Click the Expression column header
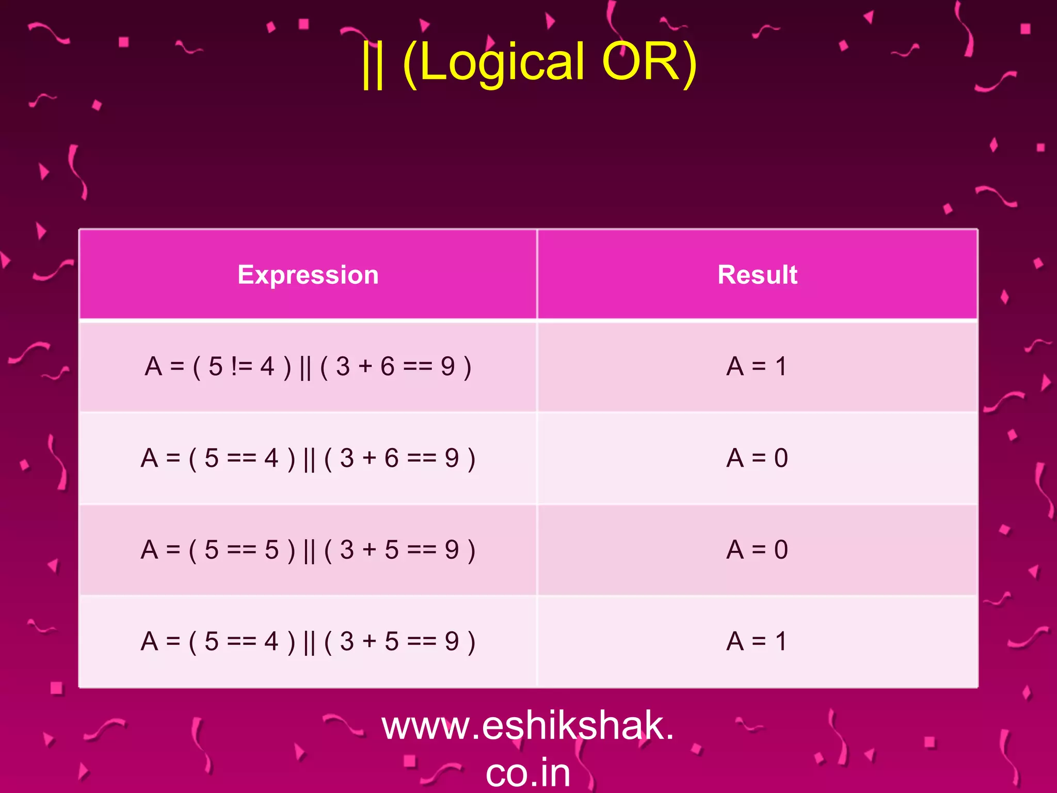tap(308, 275)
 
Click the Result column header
tap(757, 275)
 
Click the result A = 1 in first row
tap(757, 367)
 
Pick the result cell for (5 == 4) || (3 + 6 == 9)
tap(757, 458)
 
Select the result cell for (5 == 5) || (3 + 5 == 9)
tap(757, 550)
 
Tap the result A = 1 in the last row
tap(757, 642)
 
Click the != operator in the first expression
tap(242, 367)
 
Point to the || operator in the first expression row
tap(305, 368)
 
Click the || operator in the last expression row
tap(309, 643)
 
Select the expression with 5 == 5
tap(308, 550)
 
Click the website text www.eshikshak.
tap(527, 725)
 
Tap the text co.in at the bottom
tap(527, 772)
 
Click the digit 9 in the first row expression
tap(447, 367)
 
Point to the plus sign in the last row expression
tap(369, 642)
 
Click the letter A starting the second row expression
tap(150, 458)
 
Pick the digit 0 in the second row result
tap(781, 458)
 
